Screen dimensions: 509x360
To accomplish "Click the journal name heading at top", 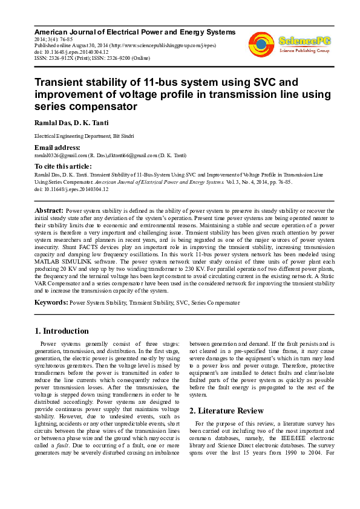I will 134,31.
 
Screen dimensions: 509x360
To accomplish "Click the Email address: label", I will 57,148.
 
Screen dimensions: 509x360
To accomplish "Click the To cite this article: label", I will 63,166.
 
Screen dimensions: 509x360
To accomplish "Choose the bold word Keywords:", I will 52,301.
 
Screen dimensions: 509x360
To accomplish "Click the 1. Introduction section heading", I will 62,331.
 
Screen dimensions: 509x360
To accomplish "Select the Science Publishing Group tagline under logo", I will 303,51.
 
